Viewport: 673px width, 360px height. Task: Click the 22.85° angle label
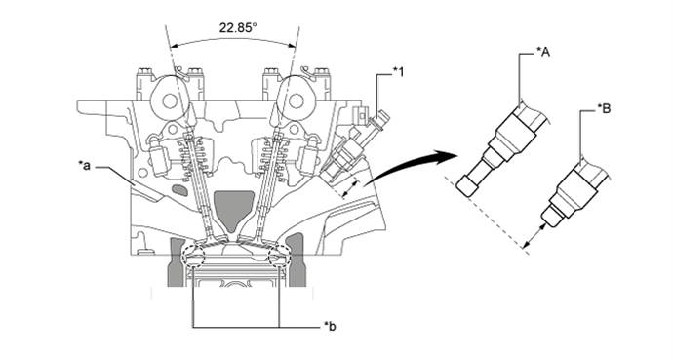tap(238, 28)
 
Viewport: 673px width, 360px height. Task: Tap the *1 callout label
tap(398, 72)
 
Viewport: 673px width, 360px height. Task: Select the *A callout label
tap(543, 52)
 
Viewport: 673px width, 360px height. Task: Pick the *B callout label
tap(604, 109)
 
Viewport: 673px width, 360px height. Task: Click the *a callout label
tap(84, 165)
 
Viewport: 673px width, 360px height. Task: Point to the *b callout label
tap(330, 327)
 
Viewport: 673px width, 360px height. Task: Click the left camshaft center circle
tap(170, 101)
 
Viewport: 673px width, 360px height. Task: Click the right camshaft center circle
tap(296, 101)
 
